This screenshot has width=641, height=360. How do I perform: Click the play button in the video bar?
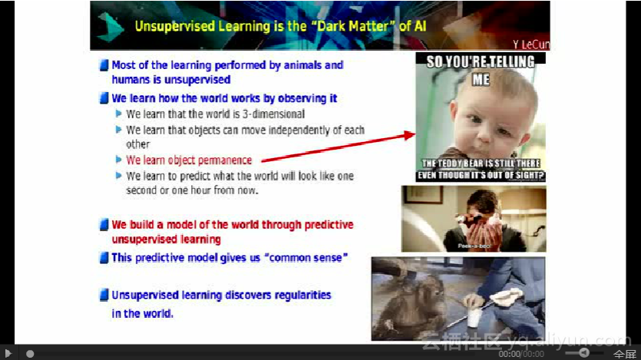8,353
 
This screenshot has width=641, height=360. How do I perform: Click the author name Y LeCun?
531,45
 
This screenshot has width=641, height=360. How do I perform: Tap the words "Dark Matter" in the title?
352,26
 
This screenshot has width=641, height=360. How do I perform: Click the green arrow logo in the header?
111,27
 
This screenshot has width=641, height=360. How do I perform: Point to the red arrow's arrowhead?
410,135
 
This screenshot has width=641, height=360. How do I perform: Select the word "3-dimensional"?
273,114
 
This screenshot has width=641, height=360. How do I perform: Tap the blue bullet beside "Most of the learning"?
104,65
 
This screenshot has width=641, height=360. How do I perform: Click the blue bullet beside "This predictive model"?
104,258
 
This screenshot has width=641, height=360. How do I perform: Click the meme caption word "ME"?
481,79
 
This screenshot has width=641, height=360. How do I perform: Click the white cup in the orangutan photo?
474,318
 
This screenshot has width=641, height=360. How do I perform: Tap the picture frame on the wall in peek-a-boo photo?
423,194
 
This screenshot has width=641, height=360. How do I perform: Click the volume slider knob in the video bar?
583,352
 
